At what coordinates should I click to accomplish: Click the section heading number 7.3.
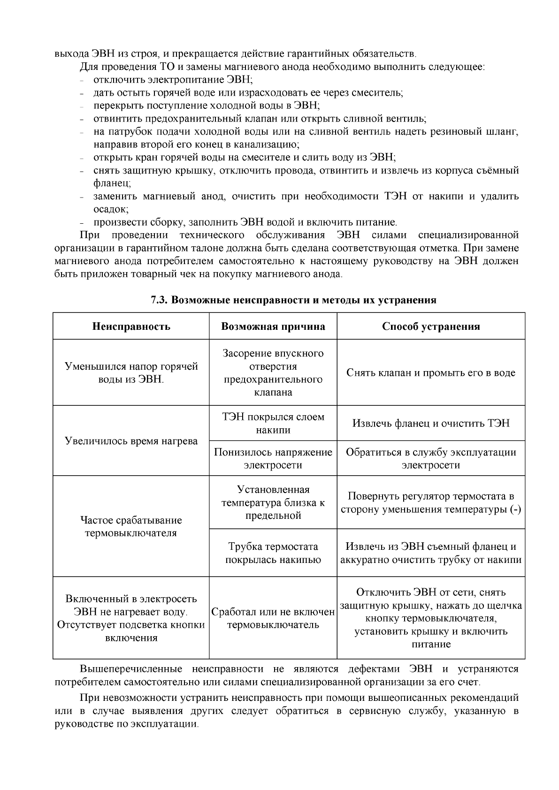160,300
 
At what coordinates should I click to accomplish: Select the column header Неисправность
131,327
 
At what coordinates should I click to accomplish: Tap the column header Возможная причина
273,327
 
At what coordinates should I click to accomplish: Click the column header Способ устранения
431,327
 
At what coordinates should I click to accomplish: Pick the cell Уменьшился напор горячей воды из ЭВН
131,372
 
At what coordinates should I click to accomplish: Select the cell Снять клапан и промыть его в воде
431,373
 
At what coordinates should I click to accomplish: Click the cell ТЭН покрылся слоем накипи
273,423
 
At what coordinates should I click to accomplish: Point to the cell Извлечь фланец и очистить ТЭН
431,423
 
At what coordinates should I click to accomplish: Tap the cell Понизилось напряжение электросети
273,458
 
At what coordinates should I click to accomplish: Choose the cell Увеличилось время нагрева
131,441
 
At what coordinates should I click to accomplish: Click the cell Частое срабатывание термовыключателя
131,526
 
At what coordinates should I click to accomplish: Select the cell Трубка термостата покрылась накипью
273,553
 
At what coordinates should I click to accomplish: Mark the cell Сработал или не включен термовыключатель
273,618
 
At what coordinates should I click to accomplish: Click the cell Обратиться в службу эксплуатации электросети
431,458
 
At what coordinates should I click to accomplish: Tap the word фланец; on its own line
112,183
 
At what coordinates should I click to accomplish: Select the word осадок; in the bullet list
111,209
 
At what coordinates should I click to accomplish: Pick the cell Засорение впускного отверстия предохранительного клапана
273,372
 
